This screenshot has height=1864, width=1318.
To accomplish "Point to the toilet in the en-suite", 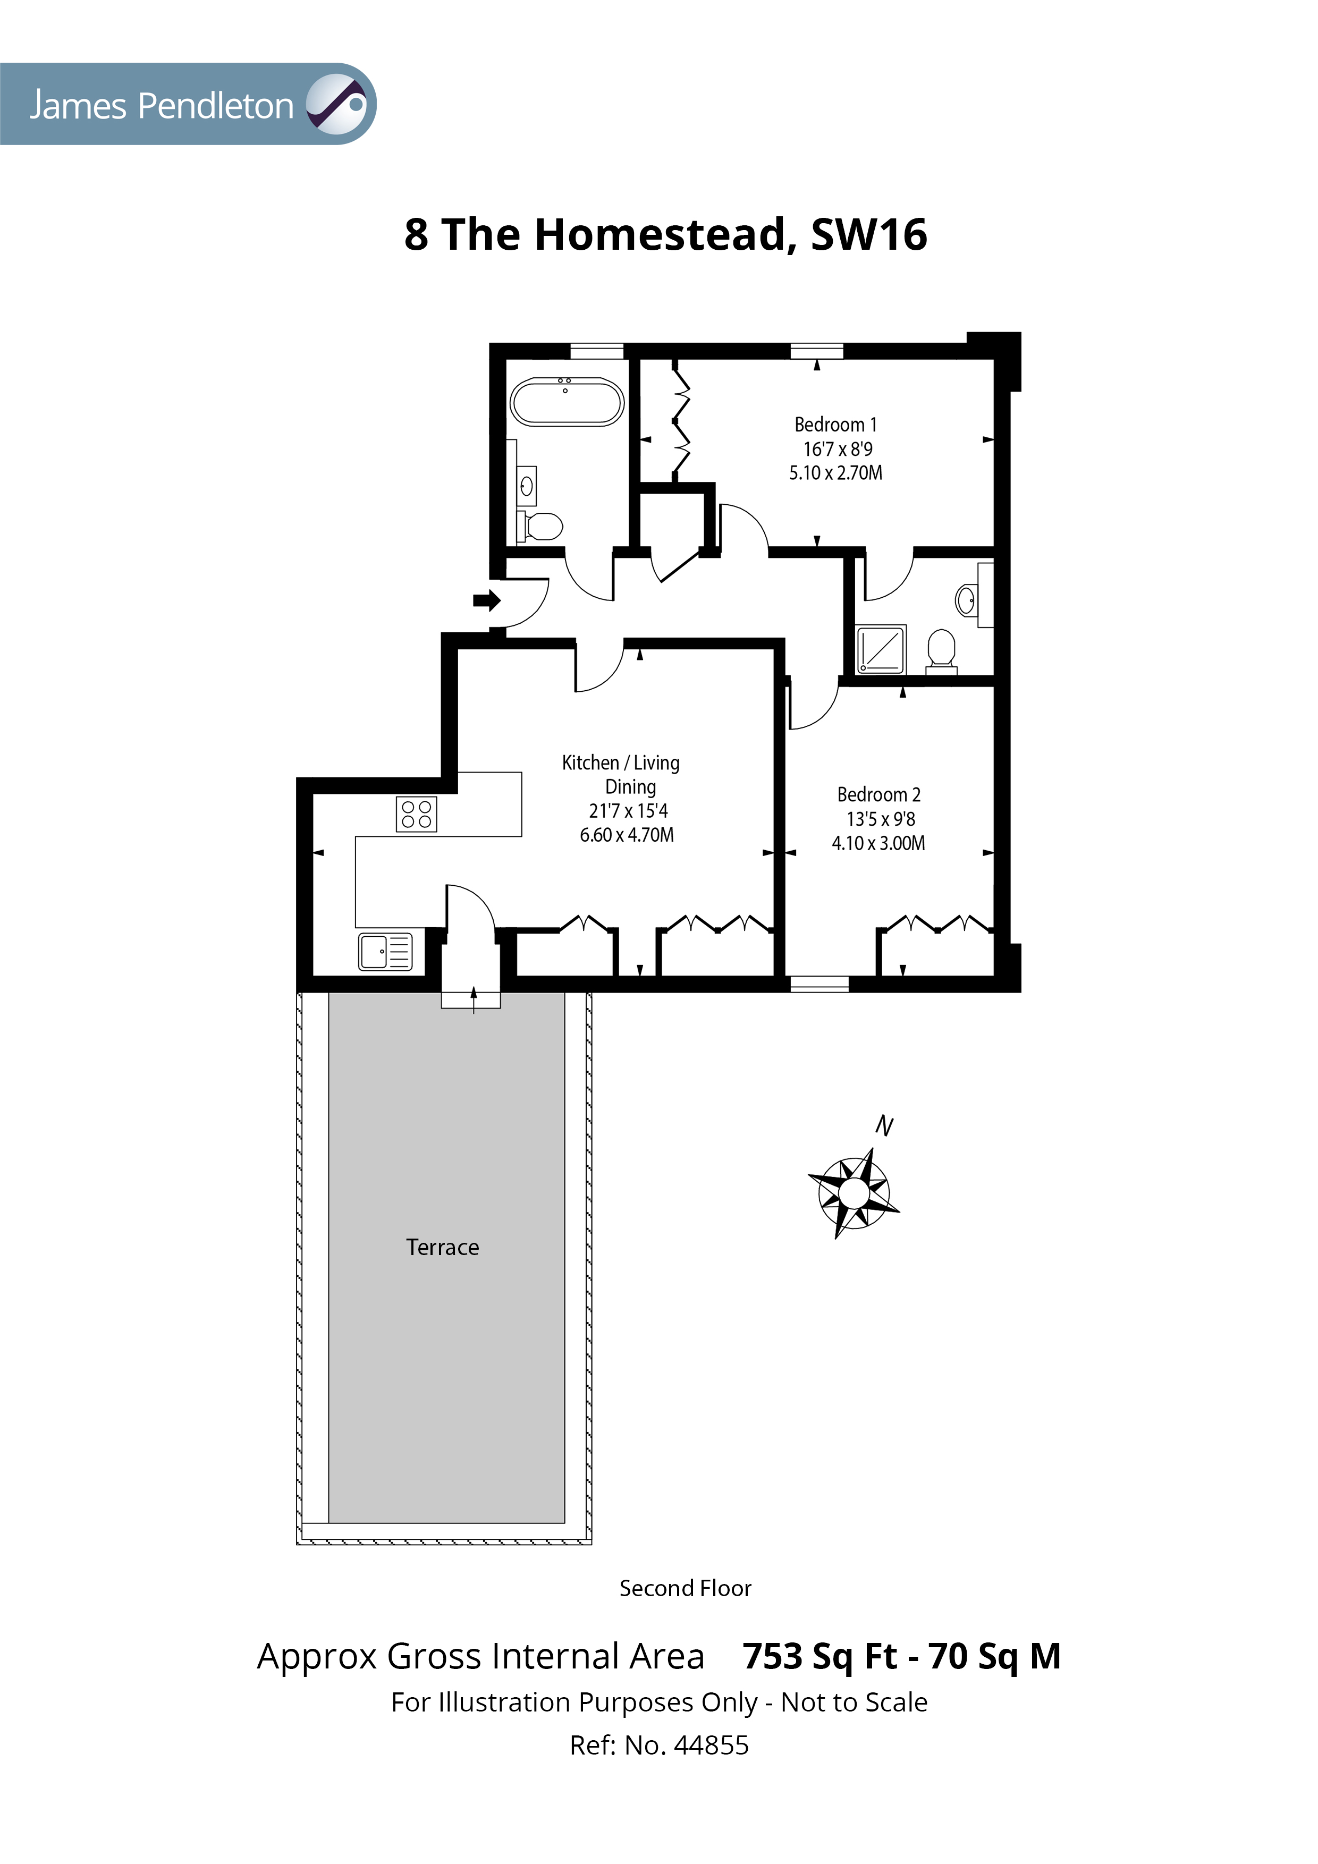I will coord(941,649).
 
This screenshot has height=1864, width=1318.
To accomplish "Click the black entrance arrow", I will coord(486,601).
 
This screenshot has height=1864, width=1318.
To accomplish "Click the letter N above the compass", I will coord(884,1126).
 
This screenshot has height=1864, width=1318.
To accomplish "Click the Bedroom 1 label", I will coord(835,425).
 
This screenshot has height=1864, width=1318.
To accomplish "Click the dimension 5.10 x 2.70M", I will coord(835,472).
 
